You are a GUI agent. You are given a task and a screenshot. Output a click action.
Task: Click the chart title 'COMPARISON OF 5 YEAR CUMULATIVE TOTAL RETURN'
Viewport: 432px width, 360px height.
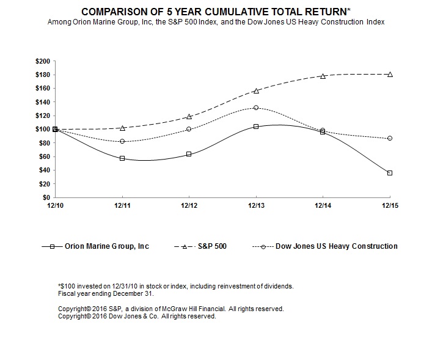[216, 12]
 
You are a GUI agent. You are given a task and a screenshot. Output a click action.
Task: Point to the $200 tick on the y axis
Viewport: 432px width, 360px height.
[45, 61]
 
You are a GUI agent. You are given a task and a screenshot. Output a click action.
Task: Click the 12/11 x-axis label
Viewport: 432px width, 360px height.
[122, 206]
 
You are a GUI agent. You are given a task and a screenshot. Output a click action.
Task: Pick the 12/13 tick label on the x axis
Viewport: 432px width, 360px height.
[256, 206]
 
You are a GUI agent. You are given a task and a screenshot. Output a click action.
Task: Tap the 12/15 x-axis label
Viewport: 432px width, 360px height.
[390, 206]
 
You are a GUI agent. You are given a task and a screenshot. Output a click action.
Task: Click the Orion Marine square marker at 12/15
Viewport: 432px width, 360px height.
[390, 173]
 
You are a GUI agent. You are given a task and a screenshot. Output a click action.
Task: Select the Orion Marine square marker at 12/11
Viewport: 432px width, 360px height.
[122, 158]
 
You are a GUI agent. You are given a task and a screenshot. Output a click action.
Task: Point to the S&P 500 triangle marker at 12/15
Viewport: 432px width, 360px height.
[390, 74]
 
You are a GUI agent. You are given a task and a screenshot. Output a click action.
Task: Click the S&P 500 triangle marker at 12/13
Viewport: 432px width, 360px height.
[256, 90]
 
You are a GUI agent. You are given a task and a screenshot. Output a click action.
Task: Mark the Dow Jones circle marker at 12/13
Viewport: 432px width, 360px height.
[256, 108]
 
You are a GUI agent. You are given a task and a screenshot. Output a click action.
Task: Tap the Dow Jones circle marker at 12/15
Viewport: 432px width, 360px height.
[390, 138]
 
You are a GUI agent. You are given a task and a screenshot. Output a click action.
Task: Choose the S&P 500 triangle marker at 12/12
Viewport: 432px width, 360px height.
[189, 116]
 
